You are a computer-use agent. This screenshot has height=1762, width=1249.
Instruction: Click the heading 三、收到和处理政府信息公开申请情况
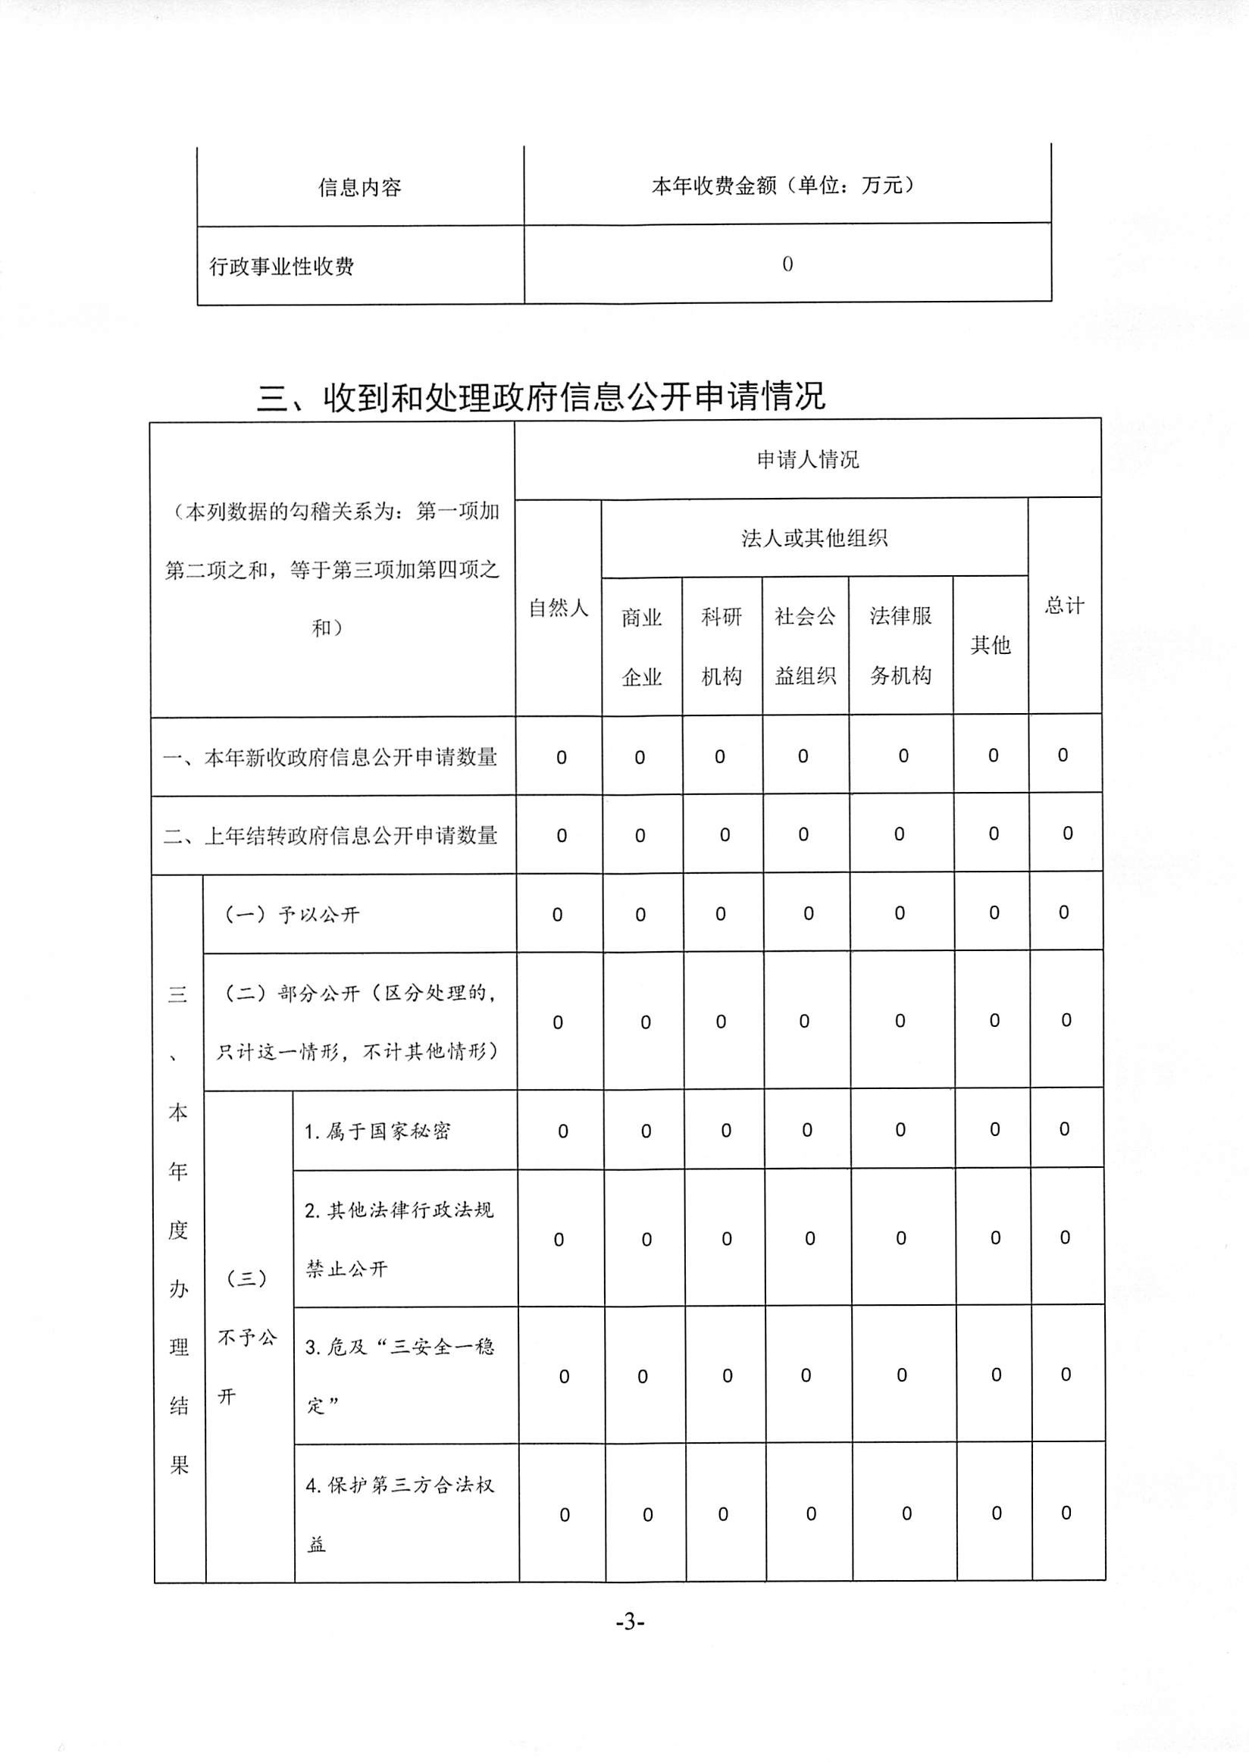click(540, 397)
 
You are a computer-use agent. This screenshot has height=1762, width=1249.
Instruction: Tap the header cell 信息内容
click(360, 187)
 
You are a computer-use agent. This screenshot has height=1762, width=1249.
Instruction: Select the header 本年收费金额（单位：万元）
click(786, 186)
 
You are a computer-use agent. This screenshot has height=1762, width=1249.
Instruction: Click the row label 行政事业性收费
click(281, 266)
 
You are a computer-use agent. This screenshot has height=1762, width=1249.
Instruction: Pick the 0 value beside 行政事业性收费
click(787, 264)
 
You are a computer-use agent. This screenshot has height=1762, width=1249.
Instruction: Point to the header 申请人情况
click(808, 459)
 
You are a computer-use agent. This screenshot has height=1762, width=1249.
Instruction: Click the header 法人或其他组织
click(814, 537)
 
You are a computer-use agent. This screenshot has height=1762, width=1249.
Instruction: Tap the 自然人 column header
click(559, 608)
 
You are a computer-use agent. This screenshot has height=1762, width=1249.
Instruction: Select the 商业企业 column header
click(641, 646)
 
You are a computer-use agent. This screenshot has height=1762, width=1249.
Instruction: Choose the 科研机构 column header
click(722, 646)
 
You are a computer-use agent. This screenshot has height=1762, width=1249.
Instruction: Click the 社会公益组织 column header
click(805, 646)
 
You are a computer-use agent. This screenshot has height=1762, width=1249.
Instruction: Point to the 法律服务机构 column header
click(900, 646)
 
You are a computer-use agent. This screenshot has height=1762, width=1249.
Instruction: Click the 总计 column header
click(1064, 606)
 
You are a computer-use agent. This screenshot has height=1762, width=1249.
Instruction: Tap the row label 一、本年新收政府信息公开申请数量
click(330, 758)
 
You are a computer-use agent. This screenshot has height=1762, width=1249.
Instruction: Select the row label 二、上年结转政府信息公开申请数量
click(330, 835)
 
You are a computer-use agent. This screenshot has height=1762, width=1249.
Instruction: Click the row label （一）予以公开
click(293, 915)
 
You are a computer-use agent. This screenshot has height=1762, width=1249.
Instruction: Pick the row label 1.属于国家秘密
click(377, 1131)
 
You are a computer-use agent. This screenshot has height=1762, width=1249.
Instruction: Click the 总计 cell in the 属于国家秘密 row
click(1064, 1129)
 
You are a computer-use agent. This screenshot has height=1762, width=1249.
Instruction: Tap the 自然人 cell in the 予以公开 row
click(558, 915)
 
